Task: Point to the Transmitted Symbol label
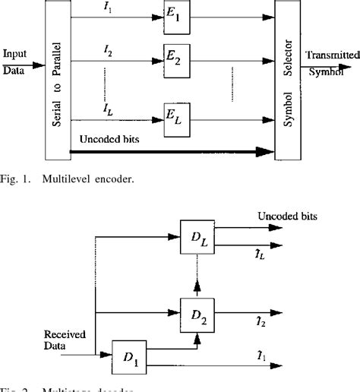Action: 329,58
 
